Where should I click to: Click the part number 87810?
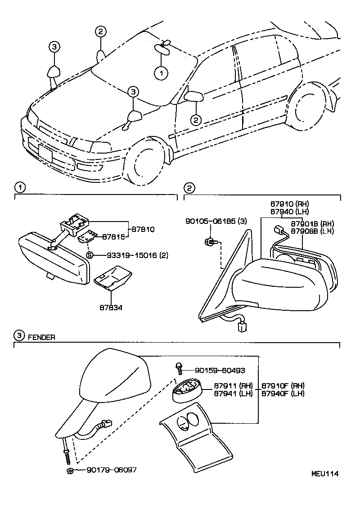143,229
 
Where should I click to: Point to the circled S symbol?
89,255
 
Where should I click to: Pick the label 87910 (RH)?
289,204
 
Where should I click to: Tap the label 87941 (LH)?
233,393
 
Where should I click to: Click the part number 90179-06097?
111,470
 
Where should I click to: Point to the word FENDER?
41,337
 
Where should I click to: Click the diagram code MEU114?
325,474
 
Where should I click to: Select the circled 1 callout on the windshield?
161,72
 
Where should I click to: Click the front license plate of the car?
45,154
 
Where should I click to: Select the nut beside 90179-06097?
70,471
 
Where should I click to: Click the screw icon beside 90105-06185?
211,242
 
